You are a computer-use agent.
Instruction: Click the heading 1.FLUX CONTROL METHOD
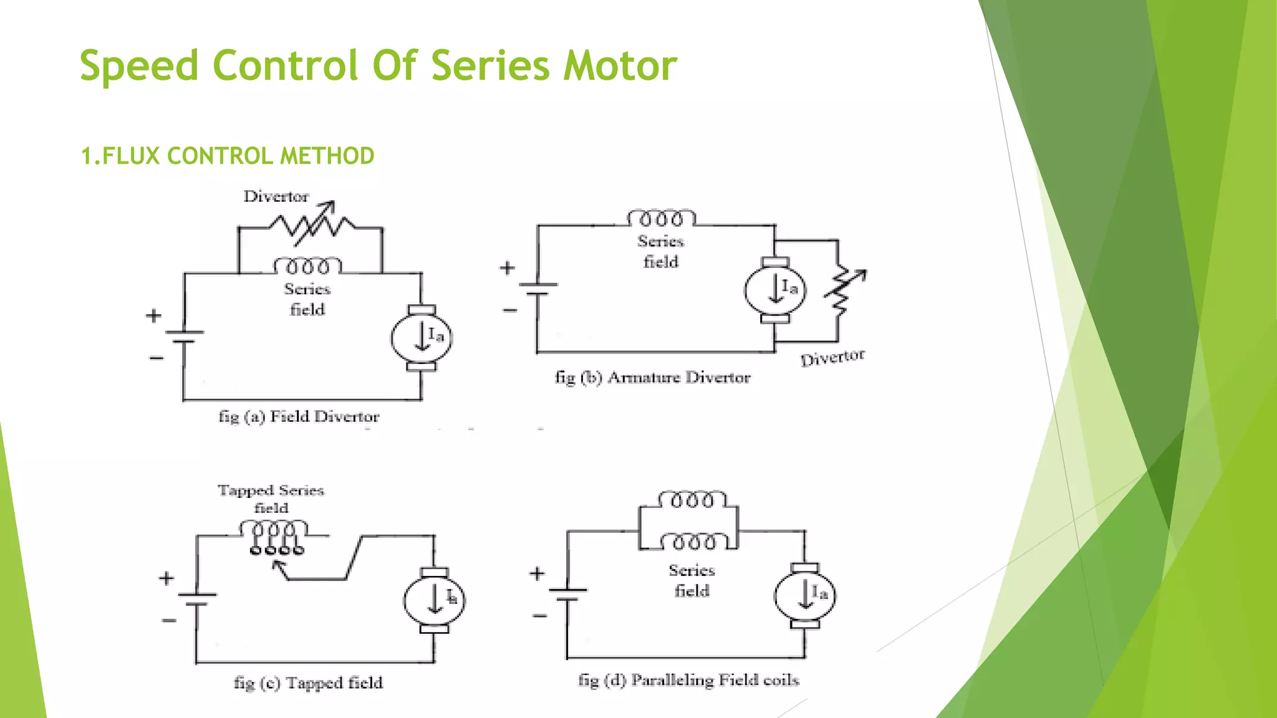click(228, 156)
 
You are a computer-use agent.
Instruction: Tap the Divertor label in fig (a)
click(276, 196)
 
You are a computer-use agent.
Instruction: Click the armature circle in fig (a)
click(422, 337)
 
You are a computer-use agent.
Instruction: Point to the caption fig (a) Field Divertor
click(299, 416)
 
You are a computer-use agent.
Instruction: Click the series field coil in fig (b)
click(661, 219)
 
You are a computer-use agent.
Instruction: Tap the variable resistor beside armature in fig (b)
click(842, 290)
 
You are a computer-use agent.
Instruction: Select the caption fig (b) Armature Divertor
click(652, 377)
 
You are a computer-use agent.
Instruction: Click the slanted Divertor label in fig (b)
click(832, 358)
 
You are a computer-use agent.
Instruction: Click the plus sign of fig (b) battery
click(507, 268)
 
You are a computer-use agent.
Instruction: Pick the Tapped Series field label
click(271, 499)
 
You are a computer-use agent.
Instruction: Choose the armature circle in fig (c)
click(435, 600)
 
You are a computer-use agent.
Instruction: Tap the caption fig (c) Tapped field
click(308, 683)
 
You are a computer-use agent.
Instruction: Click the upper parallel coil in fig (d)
click(692, 500)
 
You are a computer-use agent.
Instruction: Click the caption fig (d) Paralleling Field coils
click(688, 680)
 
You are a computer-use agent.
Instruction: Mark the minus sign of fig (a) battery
click(156, 358)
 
